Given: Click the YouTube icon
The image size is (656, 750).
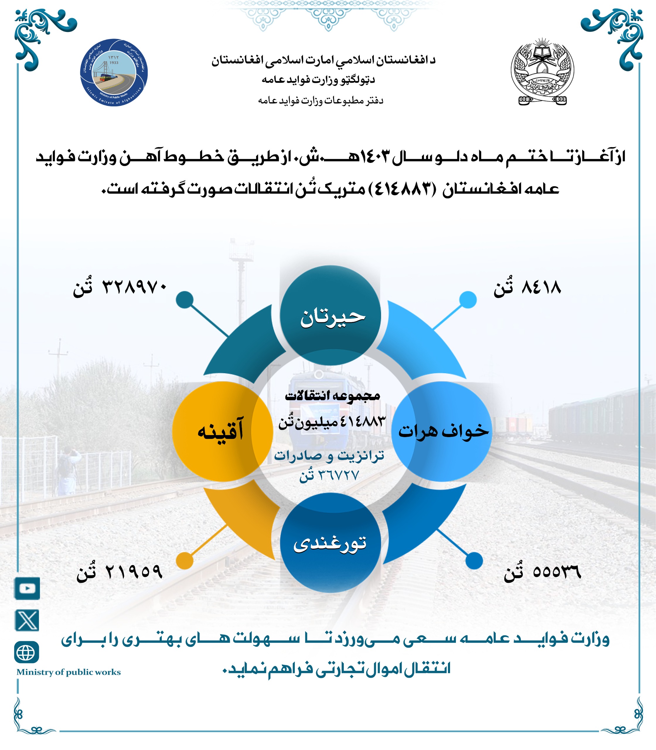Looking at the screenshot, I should point(27,588).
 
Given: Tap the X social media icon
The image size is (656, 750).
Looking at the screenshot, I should point(27,621).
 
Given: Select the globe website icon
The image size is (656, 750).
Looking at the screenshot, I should point(26,652).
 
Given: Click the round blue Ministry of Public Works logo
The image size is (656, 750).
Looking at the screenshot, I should point(114,72).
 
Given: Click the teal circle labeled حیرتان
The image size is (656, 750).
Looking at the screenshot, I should point(330,316).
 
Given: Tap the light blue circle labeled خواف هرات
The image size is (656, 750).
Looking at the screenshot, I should point(442,431).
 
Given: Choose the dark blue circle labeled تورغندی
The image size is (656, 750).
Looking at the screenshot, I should point(330,543).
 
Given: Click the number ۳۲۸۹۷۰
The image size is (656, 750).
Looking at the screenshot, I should point(134,287).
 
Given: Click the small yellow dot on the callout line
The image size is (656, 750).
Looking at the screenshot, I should point(185,560).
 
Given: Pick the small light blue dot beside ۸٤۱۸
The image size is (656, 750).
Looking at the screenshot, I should point(468,300).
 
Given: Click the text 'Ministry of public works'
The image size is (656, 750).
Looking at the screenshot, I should point(69,672).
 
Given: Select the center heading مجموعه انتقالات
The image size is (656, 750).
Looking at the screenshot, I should point(332,396).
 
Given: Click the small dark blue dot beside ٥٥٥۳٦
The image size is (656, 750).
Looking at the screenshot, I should point(474,560).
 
